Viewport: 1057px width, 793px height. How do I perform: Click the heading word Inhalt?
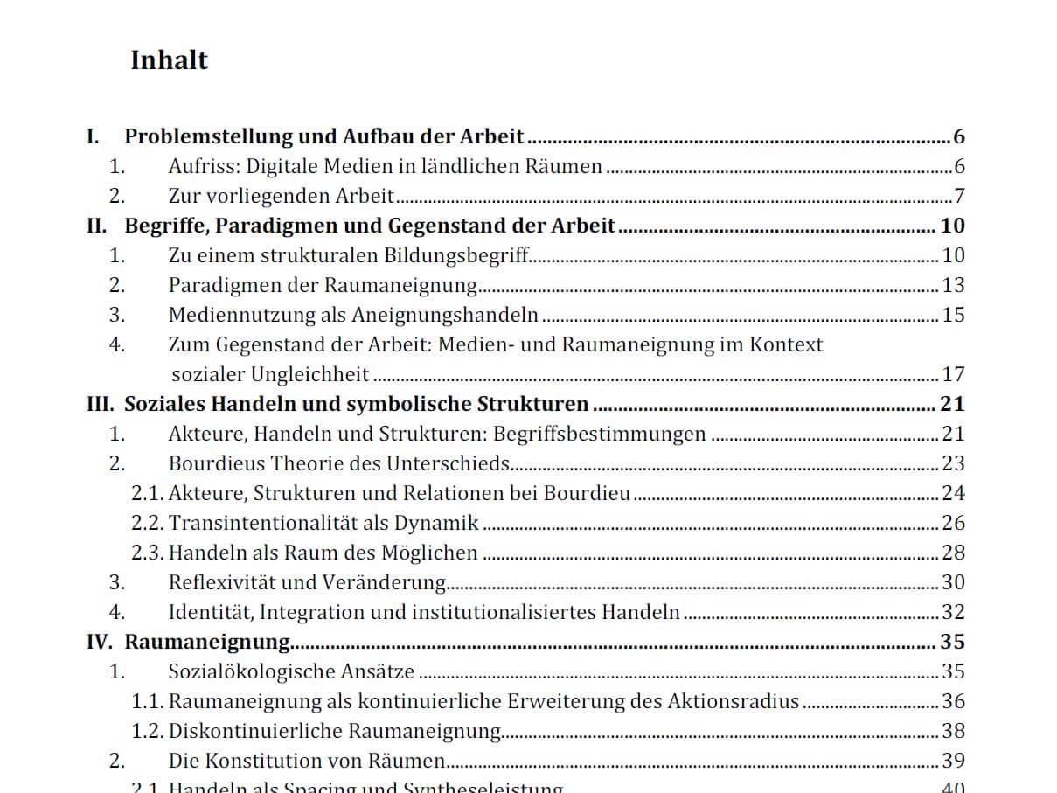click(169, 60)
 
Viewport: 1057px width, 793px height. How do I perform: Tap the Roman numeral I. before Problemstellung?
click(93, 136)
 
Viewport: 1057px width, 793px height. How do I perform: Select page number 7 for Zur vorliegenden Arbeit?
click(959, 196)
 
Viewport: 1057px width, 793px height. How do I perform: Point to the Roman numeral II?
click(96, 226)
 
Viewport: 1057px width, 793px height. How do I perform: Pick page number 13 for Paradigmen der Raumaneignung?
click(953, 285)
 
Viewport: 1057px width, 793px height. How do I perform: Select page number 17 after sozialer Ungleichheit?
click(953, 374)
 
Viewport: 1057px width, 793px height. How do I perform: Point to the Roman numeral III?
click(100, 404)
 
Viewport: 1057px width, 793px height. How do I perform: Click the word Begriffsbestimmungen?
click(600, 434)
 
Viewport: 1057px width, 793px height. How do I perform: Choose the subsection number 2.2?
click(147, 523)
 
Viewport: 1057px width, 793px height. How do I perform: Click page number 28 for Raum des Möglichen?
click(953, 553)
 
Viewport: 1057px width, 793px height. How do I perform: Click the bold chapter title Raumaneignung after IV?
click(207, 642)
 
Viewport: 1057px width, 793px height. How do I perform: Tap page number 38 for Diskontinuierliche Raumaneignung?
click(953, 731)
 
